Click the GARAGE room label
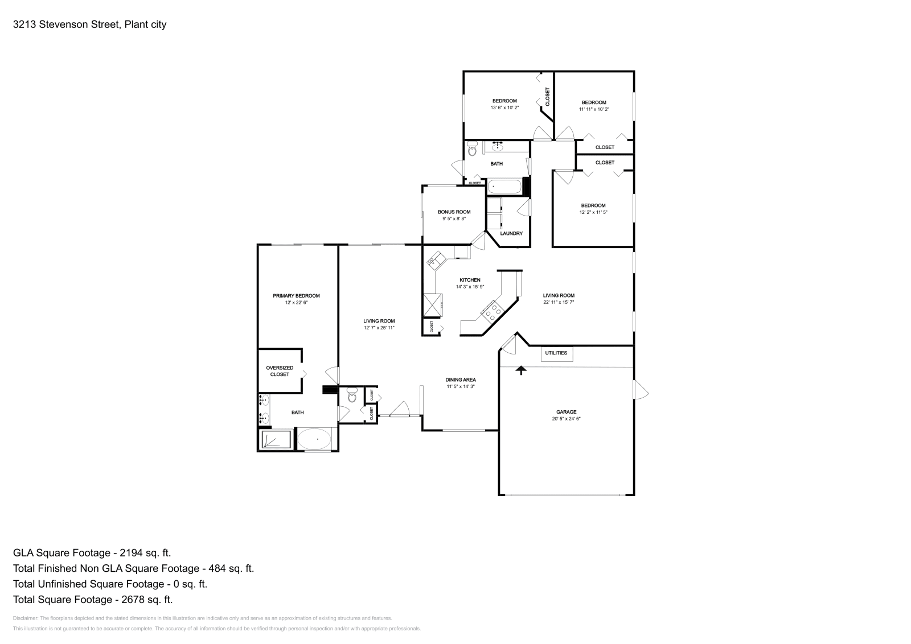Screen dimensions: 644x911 pos(566,412)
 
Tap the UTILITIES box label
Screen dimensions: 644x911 pos(556,353)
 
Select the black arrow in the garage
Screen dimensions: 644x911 pos(521,370)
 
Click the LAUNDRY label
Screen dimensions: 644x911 pos(511,233)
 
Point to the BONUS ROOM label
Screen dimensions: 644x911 pos(454,212)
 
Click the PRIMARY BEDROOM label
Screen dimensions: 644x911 pos(296,296)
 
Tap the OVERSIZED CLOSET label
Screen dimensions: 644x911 pos(280,371)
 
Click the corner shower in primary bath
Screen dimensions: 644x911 pos(276,439)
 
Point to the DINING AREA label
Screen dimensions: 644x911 pos(461,379)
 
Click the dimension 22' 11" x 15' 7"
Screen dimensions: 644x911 pos(558,303)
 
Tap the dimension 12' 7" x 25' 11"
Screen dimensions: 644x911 pos(379,328)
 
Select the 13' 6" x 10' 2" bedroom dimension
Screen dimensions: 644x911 pos(504,108)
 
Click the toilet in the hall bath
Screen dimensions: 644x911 pos(471,151)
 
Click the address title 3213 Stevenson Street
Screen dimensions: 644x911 pos(89,24)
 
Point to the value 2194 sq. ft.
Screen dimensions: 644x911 pos(145,552)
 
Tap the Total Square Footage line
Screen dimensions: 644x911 pos(92,599)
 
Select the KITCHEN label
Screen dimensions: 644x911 pos(470,280)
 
